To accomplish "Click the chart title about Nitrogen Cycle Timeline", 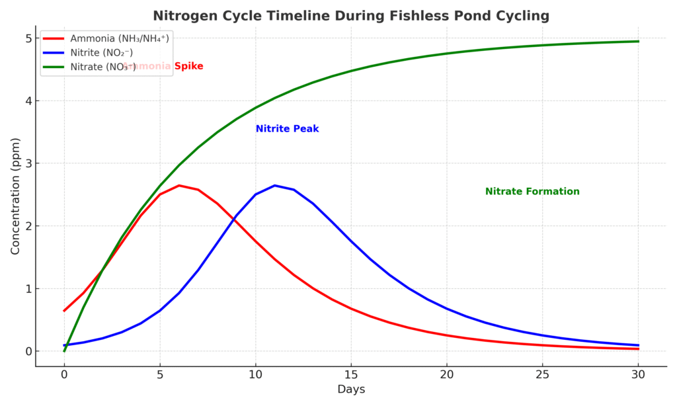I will click(351, 15).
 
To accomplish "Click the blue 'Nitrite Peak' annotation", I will click(287, 129).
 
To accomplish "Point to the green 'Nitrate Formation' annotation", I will click(532, 192).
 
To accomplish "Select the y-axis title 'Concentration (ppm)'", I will click(15, 196).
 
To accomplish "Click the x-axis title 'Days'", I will click(351, 389).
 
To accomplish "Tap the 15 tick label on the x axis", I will click(351, 374).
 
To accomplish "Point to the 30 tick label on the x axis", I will click(638, 374).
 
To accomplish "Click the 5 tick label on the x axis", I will click(160, 374).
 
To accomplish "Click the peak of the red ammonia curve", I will click(179, 186).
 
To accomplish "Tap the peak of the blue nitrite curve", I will click(274, 186).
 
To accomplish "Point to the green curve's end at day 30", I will click(638, 42).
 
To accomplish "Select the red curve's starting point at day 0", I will click(64, 311).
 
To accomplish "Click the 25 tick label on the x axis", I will click(542, 374).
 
